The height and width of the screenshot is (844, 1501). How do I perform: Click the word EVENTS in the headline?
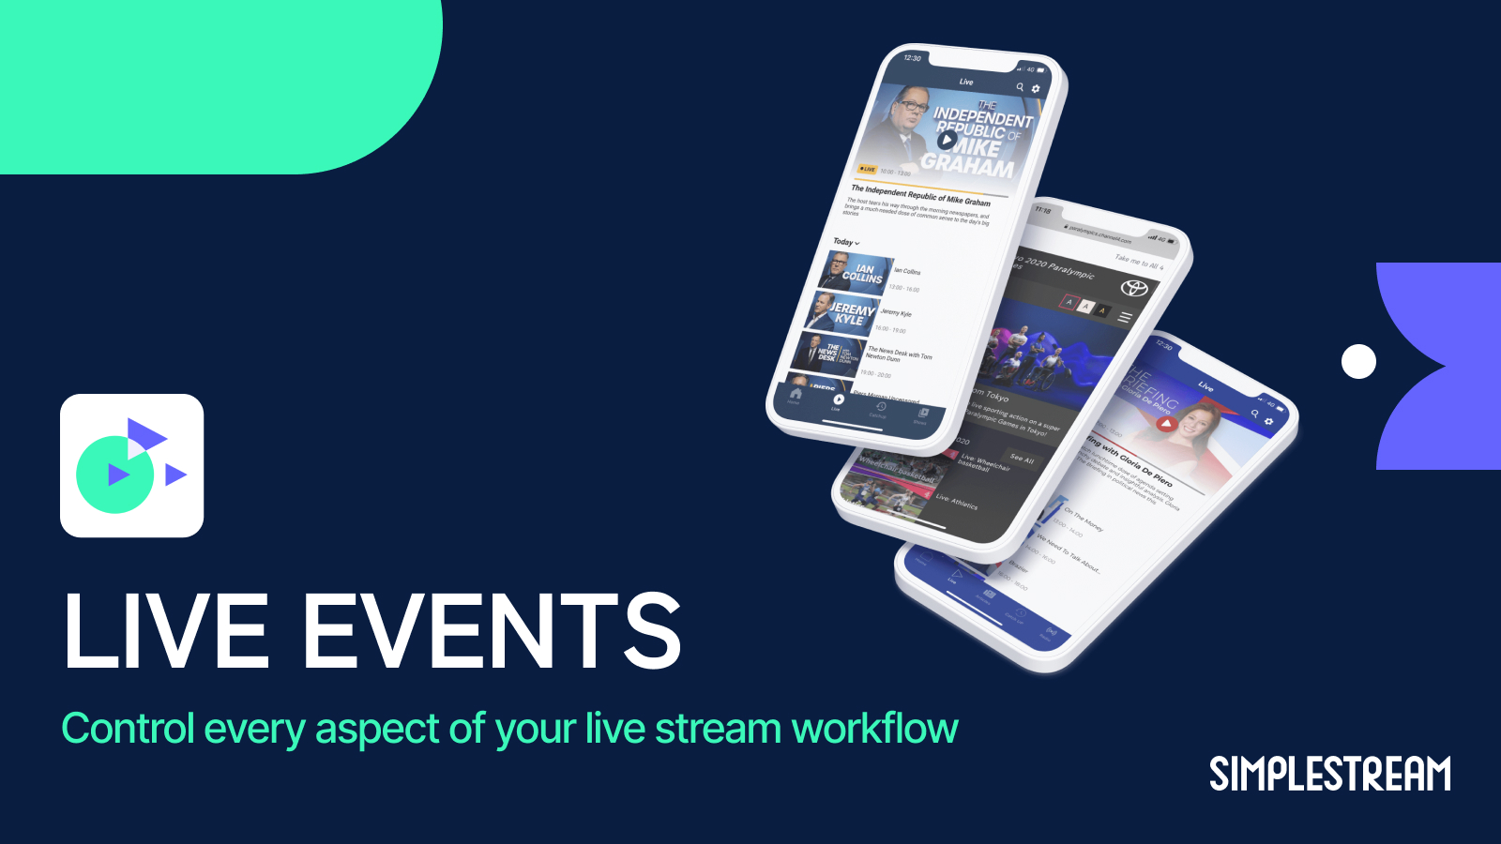[x=493, y=631]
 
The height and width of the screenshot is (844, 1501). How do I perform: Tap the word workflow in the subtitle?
[x=874, y=729]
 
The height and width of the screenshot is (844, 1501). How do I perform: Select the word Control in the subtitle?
[x=129, y=729]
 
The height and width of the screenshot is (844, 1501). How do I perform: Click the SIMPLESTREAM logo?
[x=1329, y=775]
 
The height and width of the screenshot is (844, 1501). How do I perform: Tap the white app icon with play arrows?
[x=132, y=465]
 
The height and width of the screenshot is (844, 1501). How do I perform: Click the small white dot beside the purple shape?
[x=1358, y=361]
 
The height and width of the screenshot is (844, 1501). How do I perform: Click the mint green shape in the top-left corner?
[x=216, y=80]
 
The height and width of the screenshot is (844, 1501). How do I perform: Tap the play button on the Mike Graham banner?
[x=946, y=141]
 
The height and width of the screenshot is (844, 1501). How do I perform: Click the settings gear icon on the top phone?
[x=1036, y=89]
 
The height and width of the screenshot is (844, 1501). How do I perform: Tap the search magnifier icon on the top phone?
[x=1020, y=87]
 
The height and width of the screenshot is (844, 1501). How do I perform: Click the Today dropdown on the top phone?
[x=846, y=242]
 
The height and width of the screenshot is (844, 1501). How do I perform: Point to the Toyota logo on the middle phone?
[x=1135, y=288]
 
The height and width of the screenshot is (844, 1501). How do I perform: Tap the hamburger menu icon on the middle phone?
[x=1125, y=317]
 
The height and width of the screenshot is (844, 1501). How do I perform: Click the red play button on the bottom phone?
[x=1165, y=424]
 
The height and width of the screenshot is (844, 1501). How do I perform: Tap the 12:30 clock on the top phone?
[x=912, y=58]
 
